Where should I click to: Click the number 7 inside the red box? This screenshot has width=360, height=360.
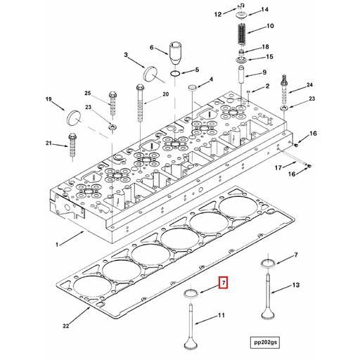tap(224, 283)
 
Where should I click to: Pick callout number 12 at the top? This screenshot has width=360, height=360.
tap(218, 13)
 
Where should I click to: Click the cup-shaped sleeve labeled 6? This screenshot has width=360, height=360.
tap(176, 53)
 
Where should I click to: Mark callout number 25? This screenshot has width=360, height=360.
tap(88, 94)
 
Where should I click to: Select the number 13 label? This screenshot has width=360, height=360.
tap(296, 285)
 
